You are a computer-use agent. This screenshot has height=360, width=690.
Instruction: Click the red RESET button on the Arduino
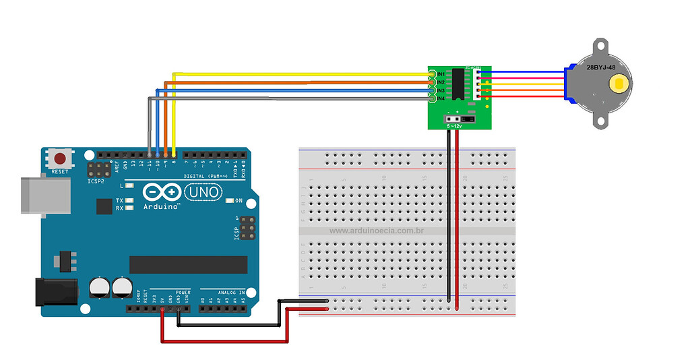60,159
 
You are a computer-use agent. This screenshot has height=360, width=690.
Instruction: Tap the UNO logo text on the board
203,193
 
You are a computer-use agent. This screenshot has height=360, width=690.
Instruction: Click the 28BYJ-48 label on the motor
601,67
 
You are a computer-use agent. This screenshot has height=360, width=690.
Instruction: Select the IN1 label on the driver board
441,73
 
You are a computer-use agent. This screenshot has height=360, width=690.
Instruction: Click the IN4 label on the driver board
441,98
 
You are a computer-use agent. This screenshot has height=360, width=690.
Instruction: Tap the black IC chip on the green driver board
458,86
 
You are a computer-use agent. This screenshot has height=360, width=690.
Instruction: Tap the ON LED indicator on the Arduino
230,200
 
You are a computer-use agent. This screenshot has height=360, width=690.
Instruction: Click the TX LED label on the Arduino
119,200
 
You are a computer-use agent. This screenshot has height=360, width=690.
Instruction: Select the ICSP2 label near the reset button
95,181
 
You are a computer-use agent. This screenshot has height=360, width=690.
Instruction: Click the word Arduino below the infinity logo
162,207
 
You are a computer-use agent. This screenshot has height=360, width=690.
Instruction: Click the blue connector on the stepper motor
568,85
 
